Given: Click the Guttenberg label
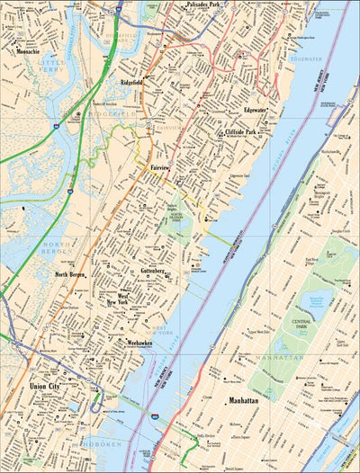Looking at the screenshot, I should point(147,270).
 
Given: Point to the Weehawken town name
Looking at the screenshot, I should point(139,343).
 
